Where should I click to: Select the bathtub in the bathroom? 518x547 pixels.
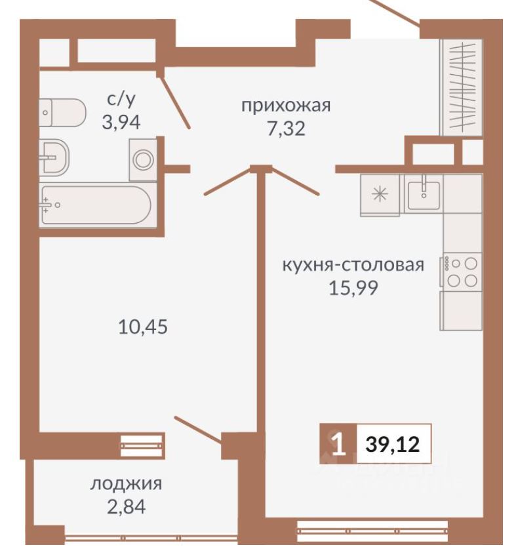(97, 205)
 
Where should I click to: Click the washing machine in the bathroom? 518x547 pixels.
(143, 159)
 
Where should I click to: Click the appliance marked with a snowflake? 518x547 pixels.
(380, 195)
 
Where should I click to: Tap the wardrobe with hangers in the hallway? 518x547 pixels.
(463, 87)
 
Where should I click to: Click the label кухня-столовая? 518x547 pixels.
(353, 265)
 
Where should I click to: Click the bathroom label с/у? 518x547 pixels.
(122, 100)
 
